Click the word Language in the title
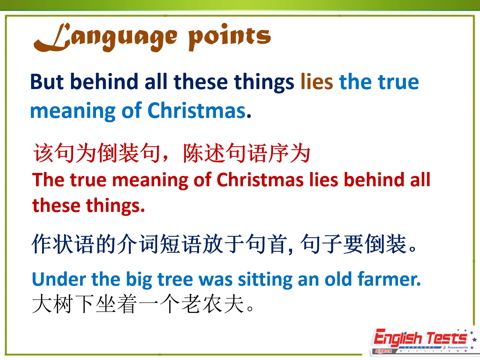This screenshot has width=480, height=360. tap(105, 37)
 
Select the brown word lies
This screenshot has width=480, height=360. tap(317, 82)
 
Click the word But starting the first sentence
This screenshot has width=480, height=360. tap(47, 82)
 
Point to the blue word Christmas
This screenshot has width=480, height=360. tap(197, 111)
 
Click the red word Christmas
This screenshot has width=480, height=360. tap(260, 180)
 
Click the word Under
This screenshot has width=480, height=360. tap(59, 279)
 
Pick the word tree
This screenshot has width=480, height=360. tap(175, 279)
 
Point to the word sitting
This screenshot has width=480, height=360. tap(265, 280)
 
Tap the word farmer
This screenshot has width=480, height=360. tap(389, 279)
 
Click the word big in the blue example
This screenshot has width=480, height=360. tap(139, 280)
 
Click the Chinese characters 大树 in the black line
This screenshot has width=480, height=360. tap(52, 304)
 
